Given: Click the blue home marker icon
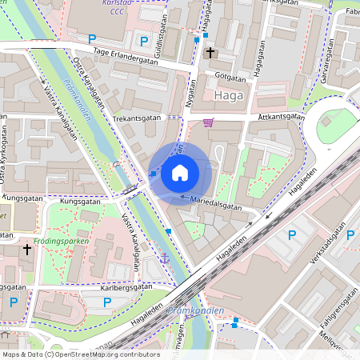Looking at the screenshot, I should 180,172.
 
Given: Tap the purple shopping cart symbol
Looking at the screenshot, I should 209,122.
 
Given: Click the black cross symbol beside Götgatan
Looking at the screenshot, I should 210,53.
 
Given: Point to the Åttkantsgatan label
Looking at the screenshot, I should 282,116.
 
